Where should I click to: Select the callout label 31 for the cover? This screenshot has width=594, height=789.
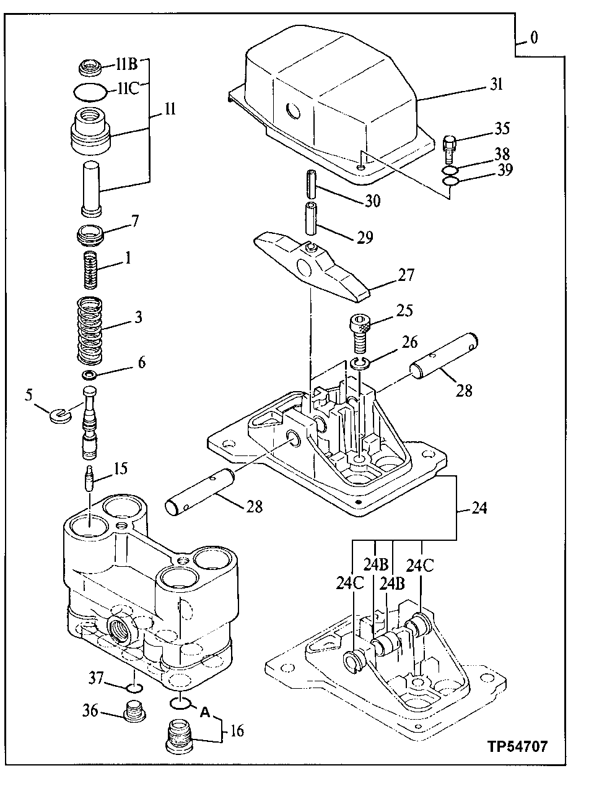496,85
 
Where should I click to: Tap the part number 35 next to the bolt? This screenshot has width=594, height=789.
501,128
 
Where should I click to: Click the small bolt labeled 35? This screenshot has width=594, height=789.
450,145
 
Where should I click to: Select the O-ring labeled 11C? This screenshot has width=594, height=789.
87,92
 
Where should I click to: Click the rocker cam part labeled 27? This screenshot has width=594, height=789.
316,267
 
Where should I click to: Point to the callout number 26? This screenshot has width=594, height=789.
409,342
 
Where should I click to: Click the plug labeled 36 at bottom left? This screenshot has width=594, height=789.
132,712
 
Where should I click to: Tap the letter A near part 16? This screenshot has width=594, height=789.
204,712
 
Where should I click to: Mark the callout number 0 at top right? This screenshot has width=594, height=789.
534,38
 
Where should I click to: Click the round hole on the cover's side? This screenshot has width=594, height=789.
292,112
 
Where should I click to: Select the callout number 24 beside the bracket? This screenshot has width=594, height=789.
478,508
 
